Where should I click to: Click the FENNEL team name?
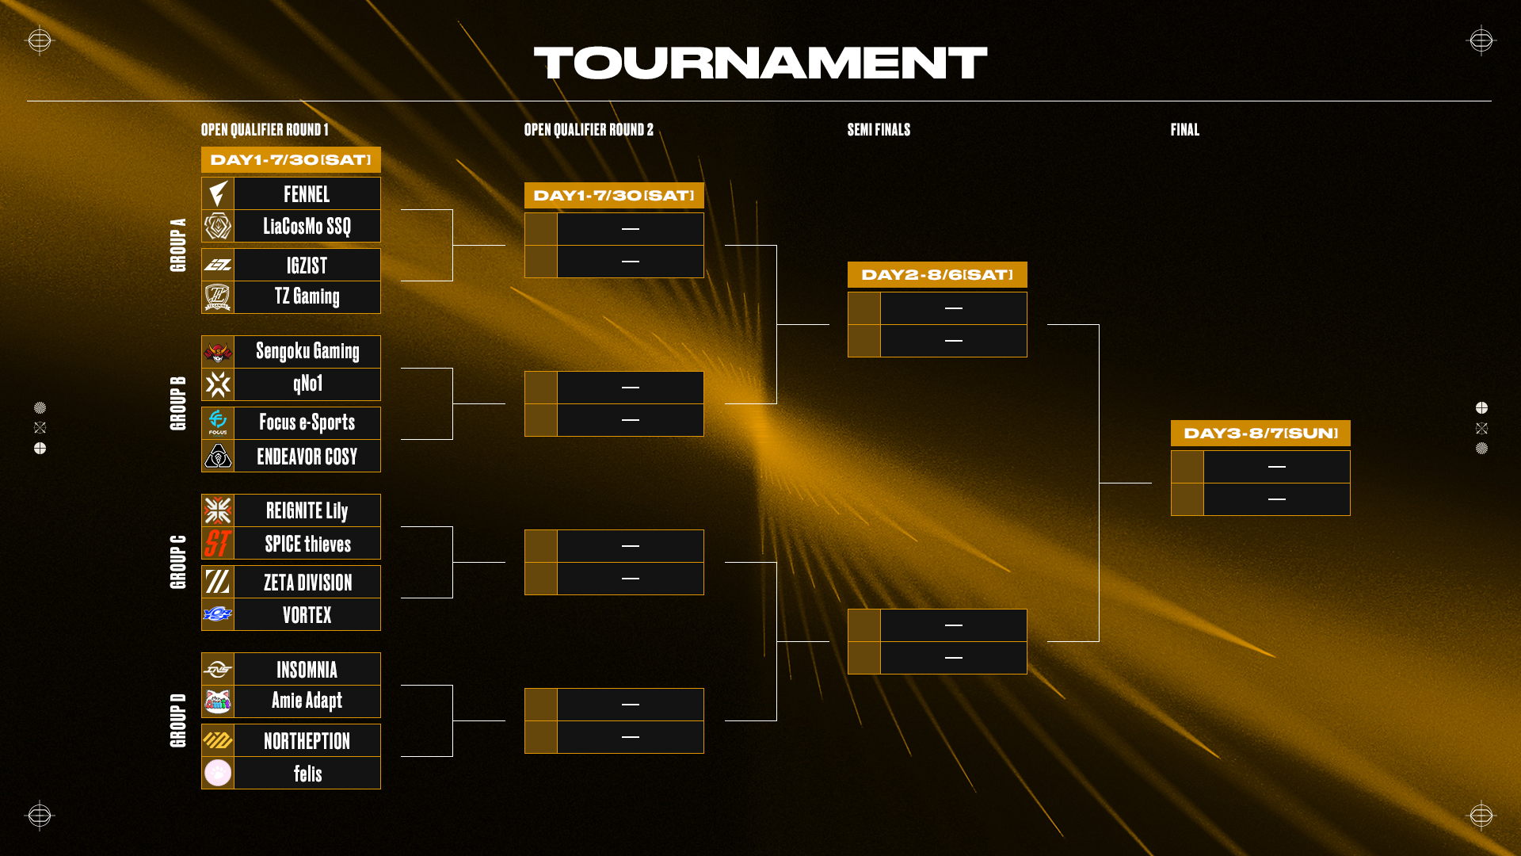pyautogui.click(x=307, y=194)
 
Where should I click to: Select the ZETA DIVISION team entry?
pyautogui.click(x=307, y=583)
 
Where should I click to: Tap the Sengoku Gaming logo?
pyautogui.click(x=218, y=352)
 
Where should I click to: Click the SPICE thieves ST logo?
pyautogui.click(x=218, y=544)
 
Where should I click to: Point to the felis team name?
pyautogui.click(x=307, y=774)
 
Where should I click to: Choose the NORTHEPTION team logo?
pyautogui.click(x=218, y=741)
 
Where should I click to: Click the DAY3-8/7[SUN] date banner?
pyautogui.click(x=1260, y=434)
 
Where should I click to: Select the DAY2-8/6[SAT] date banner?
pyautogui.click(x=937, y=275)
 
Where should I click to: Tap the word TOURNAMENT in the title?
pyautogui.click(x=760, y=63)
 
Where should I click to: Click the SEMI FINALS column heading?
pyautogui.click(x=879, y=130)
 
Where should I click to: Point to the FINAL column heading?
pyautogui.click(x=1184, y=130)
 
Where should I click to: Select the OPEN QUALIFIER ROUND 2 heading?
pyautogui.click(x=589, y=130)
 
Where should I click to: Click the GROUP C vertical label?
pyautogui.click(x=178, y=562)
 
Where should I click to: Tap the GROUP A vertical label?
pyautogui.click(x=178, y=245)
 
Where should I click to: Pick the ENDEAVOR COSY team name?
pyautogui.click(x=307, y=457)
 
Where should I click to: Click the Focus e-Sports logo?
pyautogui.click(x=218, y=422)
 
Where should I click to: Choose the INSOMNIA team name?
pyautogui.click(x=307, y=670)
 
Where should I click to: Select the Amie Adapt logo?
pyautogui.click(x=218, y=701)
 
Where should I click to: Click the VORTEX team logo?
pyautogui.click(x=218, y=614)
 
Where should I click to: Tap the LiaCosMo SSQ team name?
pyautogui.click(x=307, y=227)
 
